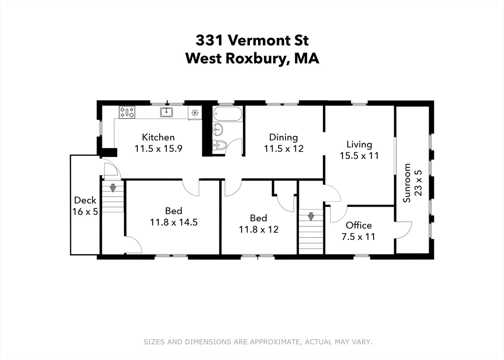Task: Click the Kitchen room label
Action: click(158, 137)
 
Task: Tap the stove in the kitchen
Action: click(127, 113)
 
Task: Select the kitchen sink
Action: click(166, 113)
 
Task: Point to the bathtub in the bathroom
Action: click(227, 115)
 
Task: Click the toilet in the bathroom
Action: click(220, 145)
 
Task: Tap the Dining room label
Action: click(283, 137)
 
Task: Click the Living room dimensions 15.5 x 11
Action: click(359, 155)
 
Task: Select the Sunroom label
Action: click(407, 183)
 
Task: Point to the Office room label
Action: click(358, 225)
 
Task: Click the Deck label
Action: click(85, 200)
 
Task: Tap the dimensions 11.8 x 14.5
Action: click(173, 222)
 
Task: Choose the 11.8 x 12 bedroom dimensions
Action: click(258, 229)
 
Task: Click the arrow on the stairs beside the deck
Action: click(113, 187)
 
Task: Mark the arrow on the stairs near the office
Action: click(311, 216)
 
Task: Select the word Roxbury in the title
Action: click(256, 59)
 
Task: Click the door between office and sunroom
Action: click(403, 230)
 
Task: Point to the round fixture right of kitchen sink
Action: click(195, 113)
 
